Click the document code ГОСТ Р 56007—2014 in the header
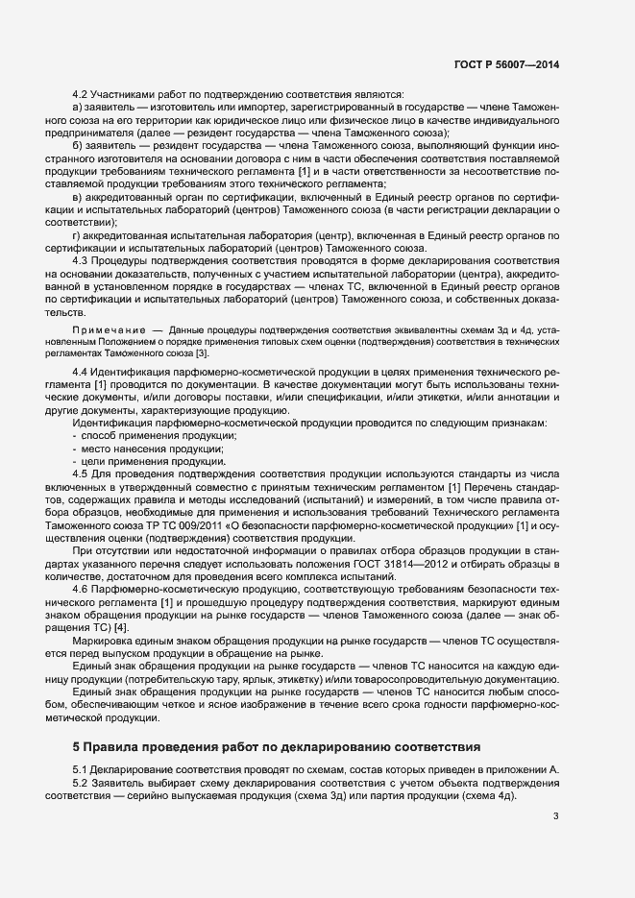pos(506,63)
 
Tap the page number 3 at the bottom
pos(556,816)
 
